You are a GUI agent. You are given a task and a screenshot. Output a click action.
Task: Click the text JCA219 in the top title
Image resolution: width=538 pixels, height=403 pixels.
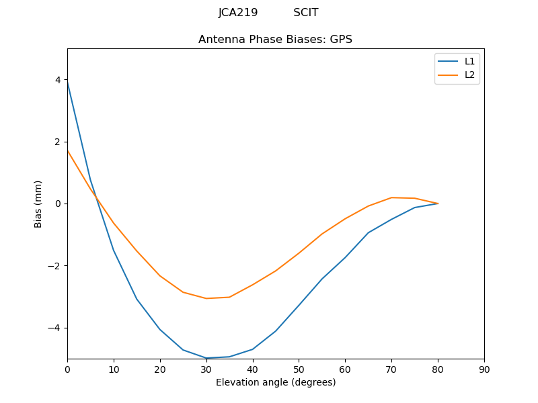click(x=238, y=13)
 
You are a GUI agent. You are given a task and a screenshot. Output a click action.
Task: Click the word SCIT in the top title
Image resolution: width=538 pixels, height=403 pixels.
click(x=306, y=13)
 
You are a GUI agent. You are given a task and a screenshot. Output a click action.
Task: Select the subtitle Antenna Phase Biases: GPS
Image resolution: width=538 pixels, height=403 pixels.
click(x=275, y=40)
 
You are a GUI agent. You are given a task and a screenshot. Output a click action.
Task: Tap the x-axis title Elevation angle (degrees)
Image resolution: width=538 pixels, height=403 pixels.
click(x=275, y=382)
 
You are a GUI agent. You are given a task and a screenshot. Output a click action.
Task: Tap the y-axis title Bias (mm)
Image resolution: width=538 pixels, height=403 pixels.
click(x=38, y=204)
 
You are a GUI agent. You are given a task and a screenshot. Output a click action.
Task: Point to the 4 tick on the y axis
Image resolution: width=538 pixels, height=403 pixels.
click(x=57, y=80)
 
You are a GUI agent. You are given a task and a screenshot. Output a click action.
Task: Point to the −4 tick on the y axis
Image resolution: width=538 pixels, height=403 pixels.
click(x=54, y=328)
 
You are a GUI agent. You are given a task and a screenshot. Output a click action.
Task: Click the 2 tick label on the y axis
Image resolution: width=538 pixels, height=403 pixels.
click(x=57, y=142)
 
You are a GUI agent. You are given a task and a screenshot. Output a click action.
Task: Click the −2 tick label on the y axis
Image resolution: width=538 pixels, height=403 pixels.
click(x=54, y=266)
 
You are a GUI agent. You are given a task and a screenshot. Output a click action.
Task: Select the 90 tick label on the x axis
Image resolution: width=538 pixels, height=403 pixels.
click(x=484, y=369)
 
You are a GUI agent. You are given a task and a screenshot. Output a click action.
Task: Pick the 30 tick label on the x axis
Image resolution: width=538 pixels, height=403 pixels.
click(x=206, y=369)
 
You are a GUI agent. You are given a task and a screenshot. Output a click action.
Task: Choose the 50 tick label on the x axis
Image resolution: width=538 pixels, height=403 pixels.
click(x=299, y=369)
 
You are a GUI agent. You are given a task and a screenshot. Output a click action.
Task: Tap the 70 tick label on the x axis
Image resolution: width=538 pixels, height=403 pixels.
click(x=391, y=369)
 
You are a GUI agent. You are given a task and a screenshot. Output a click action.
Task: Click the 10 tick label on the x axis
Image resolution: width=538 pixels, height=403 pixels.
click(x=114, y=369)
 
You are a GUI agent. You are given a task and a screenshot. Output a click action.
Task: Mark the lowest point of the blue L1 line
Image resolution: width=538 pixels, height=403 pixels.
click(x=206, y=358)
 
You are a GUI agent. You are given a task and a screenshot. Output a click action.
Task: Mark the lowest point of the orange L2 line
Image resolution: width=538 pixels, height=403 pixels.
click(x=206, y=298)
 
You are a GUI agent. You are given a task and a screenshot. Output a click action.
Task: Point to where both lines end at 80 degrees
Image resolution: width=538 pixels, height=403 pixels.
click(x=438, y=204)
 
